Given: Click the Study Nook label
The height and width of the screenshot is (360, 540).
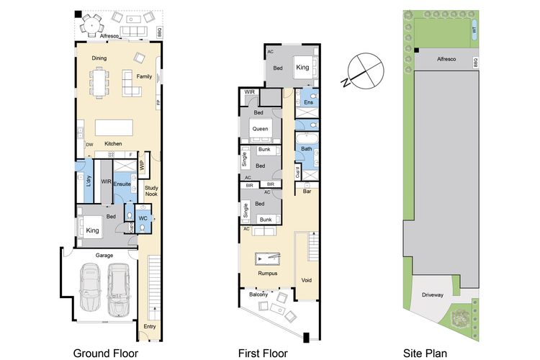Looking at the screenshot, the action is [151, 191].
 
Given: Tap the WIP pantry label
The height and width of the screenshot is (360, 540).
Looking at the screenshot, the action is [142, 166].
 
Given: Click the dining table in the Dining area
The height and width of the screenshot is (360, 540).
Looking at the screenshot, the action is [99, 82].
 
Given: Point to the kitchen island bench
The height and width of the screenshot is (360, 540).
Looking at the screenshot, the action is [114, 128].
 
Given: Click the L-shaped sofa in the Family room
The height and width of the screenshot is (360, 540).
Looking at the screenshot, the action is [131, 84].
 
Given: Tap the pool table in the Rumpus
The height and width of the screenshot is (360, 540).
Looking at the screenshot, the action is [268, 258].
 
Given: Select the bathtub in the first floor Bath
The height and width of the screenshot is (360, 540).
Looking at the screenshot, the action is [307, 139].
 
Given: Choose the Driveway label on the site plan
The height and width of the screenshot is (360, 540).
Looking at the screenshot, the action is [433, 295].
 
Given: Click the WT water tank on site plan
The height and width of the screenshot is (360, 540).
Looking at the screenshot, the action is [474, 30].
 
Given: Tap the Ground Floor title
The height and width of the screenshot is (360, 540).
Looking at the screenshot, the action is [105, 354].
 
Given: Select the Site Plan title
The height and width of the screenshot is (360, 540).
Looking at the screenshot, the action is [425, 354].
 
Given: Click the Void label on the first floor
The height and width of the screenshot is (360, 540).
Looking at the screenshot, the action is [307, 280].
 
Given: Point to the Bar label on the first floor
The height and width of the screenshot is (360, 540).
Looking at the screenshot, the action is [307, 192].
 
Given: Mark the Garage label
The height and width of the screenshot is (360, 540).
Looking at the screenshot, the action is [104, 256].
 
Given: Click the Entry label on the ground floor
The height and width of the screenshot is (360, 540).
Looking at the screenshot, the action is [150, 326].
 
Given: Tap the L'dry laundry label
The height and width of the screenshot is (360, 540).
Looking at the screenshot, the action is [89, 181].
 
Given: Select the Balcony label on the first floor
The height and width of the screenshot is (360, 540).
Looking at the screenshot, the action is [258, 294].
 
